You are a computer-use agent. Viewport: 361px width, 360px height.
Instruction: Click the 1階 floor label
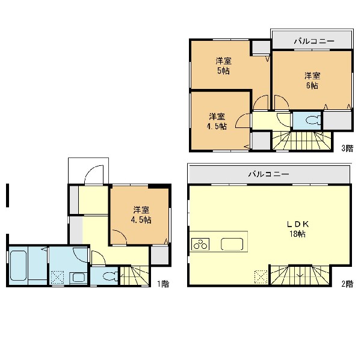tap(163, 284)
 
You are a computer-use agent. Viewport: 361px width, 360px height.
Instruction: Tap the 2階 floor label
tap(347, 284)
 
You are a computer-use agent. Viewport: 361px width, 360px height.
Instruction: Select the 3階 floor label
tap(347, 148)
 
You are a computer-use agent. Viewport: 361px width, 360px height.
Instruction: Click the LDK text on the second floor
tap(297, 224)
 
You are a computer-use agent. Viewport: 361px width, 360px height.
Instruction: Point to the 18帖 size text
tap(297, 234)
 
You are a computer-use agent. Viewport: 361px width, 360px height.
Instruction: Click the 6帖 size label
tap(312, 85)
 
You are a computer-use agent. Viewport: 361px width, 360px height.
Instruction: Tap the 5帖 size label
tap(223, 71)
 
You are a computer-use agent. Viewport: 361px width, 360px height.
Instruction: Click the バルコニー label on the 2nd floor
tap(268, 174)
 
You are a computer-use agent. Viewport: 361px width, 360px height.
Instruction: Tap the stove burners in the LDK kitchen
tap(200, 244)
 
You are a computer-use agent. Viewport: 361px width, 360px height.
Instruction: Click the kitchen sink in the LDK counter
tap(232, 244)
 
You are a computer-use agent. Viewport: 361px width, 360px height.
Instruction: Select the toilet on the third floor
tap(313, 120)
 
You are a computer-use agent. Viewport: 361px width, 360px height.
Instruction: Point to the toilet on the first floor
tap(110, 276)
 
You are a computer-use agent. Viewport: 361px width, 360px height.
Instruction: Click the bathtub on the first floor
tap(18, 266)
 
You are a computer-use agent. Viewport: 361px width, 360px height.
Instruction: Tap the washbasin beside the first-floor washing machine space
tap(78, 278)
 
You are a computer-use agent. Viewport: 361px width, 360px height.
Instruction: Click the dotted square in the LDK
tap(261, 276)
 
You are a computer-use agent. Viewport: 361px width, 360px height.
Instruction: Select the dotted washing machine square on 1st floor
tap(57, 278)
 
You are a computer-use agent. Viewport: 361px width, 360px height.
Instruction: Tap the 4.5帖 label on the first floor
tap(141, 220)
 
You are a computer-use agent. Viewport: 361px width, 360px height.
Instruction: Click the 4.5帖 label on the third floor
tap(217, 127)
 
